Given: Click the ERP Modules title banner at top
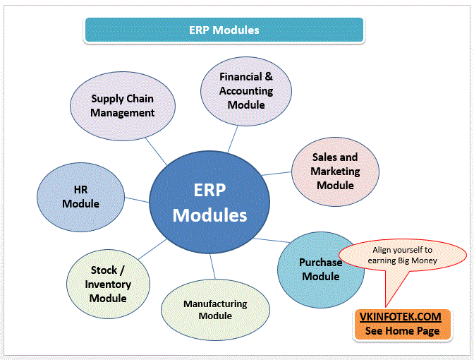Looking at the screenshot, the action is click(224, 30).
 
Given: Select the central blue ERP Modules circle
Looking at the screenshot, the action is click(210, 203).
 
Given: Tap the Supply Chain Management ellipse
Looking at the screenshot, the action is click(123, 107).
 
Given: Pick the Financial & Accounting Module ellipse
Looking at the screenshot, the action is click(245, 90).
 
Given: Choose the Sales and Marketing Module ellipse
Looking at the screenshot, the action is click(335, 171).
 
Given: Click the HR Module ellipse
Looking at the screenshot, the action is click(80, 197).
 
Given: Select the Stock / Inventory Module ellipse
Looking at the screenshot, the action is click(108, 284).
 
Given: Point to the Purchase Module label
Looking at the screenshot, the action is click(320, 269).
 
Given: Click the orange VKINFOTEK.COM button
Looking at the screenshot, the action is click(402, 324).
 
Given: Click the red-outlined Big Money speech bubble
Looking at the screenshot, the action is click(404, 256).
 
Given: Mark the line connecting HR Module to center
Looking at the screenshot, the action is click(138, 200).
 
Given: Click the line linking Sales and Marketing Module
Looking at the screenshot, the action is click(277, 172).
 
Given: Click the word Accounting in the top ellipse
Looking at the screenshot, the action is click(246, 90).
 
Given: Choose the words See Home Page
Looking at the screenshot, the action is click(402, 330).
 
